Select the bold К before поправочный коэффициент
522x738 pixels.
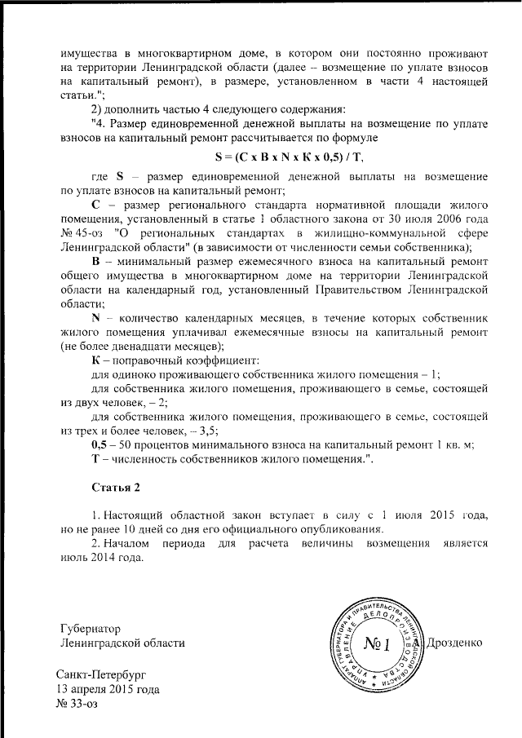(x=95, y=360)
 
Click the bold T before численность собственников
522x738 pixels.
(x=95, y=460)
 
